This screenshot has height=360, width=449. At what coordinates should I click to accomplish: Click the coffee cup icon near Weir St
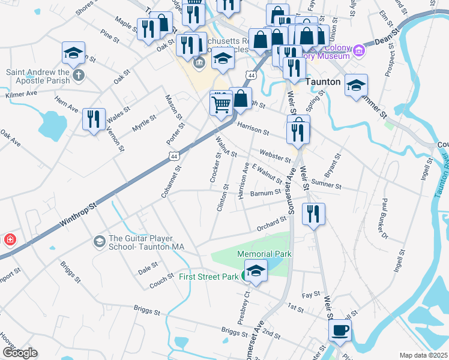[340, 329]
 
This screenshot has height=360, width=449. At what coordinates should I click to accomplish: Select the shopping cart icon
[221, 104]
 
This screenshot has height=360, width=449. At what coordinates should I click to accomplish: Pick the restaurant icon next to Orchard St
[313, 214]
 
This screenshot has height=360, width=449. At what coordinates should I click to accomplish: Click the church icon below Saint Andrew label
[78, 76]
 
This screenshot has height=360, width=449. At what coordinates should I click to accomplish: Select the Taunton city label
[324, 82]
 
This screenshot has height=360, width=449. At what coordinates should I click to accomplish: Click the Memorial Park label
[264, 254]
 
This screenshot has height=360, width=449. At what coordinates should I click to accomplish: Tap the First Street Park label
[208, 277]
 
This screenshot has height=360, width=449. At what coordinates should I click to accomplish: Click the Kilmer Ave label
[21, 94]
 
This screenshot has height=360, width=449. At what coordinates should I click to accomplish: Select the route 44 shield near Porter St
[173, 156]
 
